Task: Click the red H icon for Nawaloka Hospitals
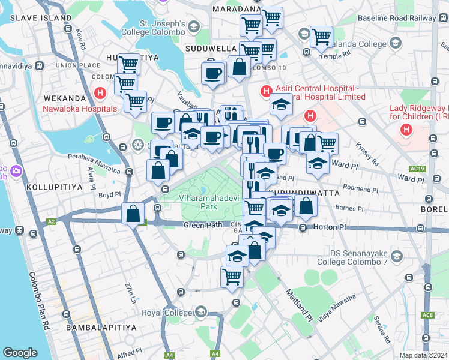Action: click(x=100, y=94)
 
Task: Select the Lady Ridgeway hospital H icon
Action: click(x=407, y=129)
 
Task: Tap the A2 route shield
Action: click(x=52, y=221)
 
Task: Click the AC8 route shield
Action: click(x=427, y=315)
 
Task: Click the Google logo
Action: click(x=20, y=353)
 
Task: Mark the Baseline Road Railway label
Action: click(x=396, y=18)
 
